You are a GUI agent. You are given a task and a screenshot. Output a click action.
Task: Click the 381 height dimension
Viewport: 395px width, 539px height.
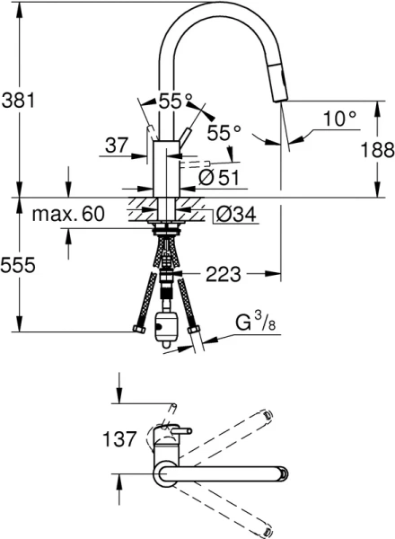coord(20,100)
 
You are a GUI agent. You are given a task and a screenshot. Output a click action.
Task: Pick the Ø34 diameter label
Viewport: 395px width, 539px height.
coord(236,215)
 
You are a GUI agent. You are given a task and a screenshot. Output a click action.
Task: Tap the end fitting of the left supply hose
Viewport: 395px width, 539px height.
coord(137,331)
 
